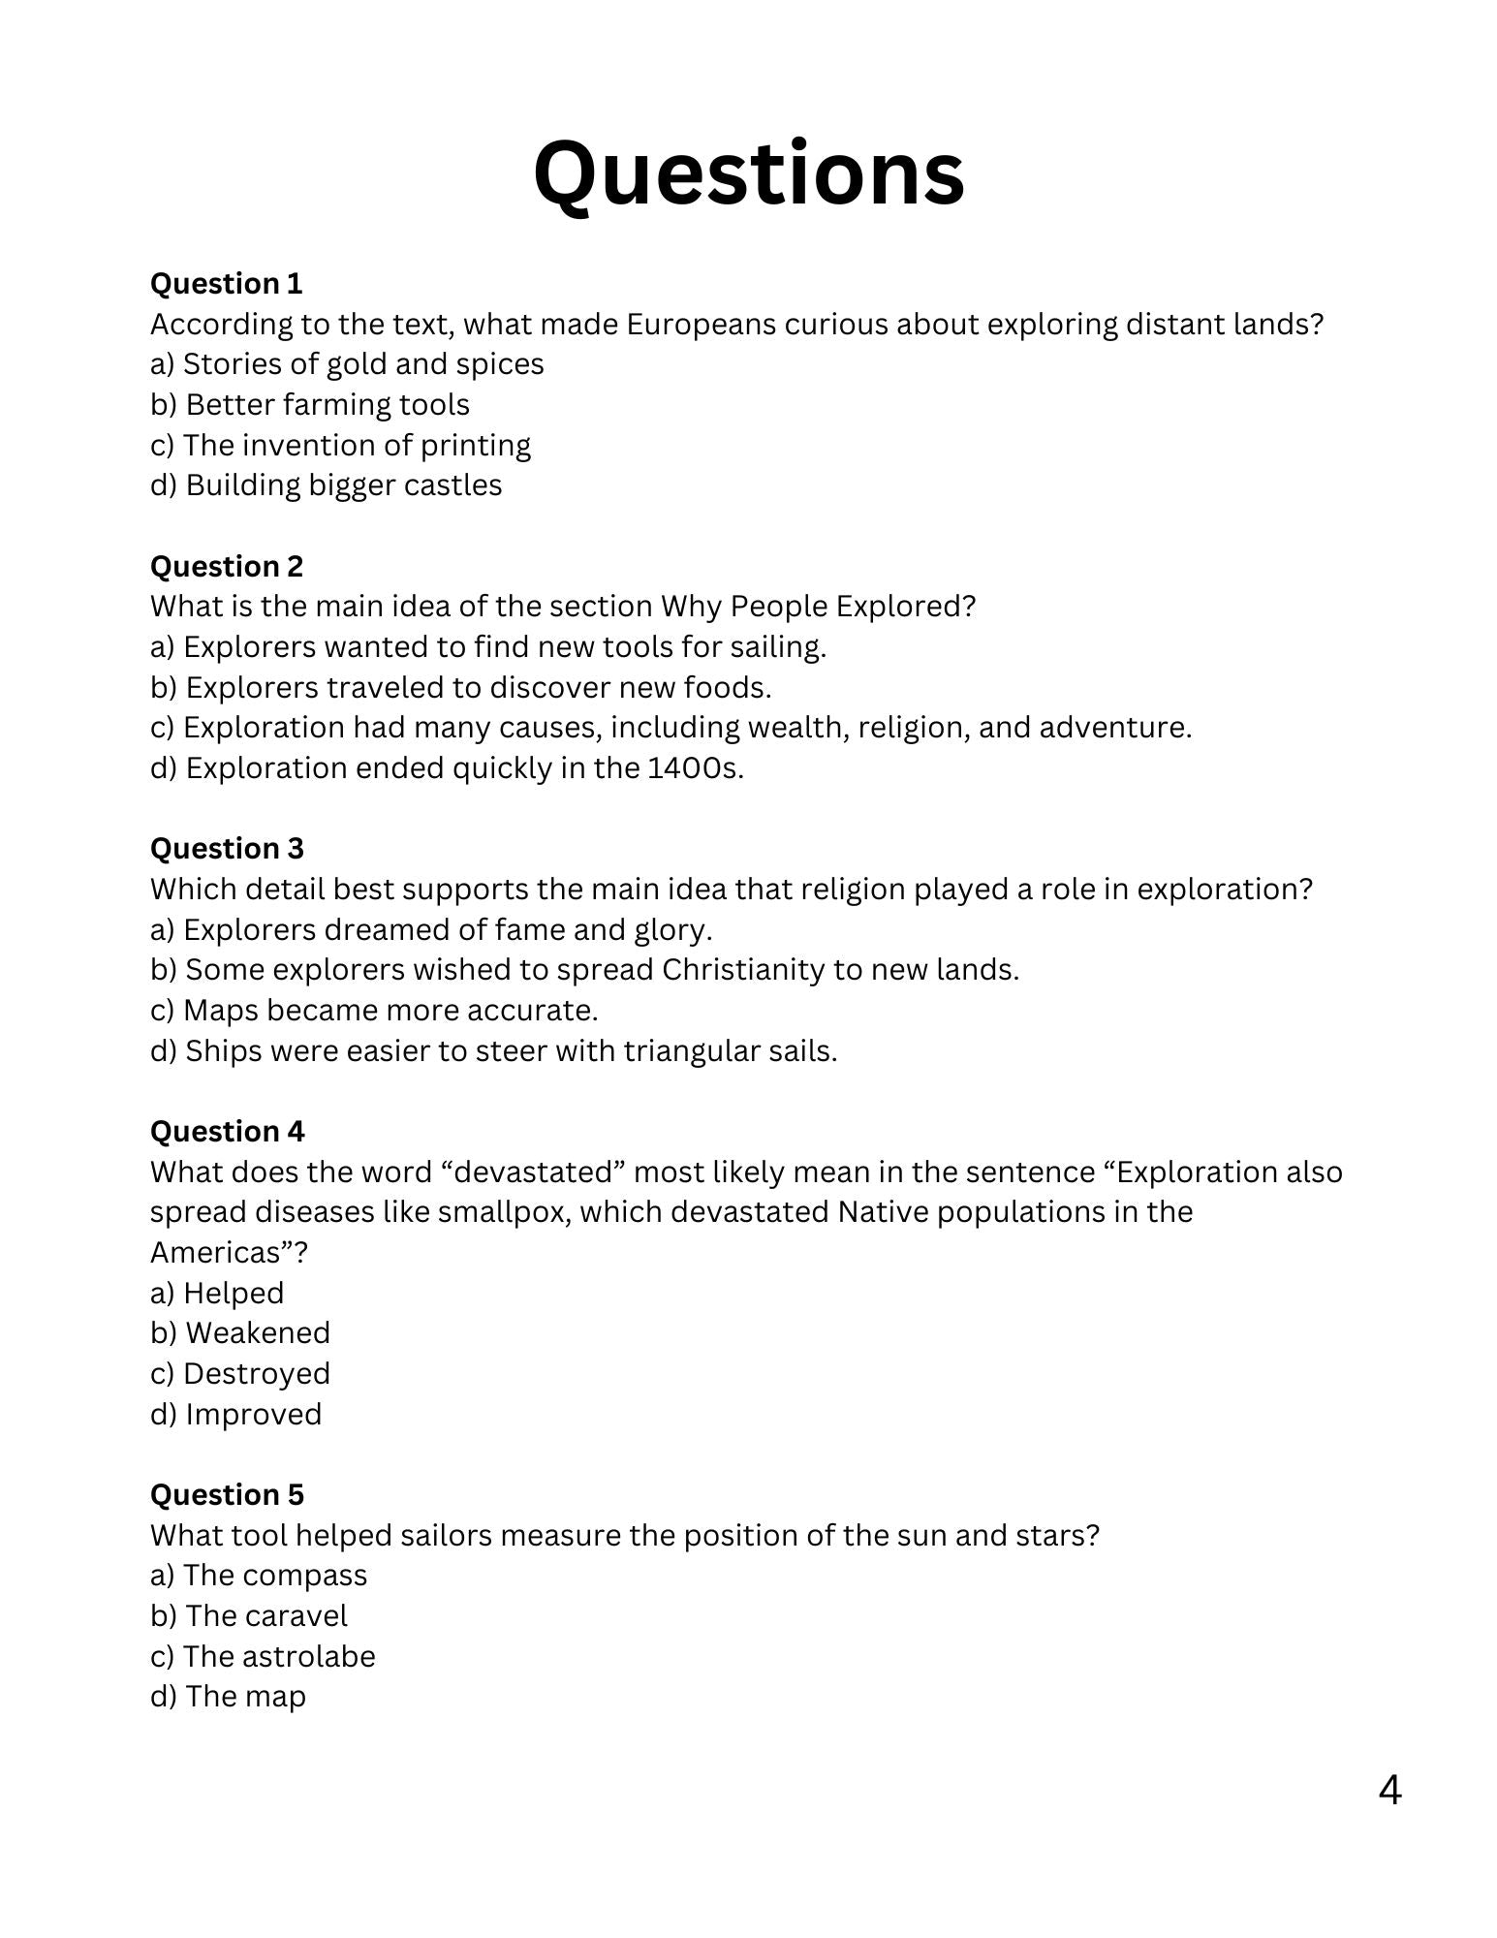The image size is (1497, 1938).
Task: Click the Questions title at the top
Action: click(748, 174)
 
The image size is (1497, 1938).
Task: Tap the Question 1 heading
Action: click(226, 284)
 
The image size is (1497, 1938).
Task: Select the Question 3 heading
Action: click(227, 849)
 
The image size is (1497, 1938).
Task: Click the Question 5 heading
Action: click(227, 1495)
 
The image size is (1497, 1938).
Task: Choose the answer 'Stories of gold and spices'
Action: click(347, 364)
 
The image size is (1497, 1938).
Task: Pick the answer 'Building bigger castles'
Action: click(327, 485)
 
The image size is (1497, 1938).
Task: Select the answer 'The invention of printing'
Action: click(340, 446)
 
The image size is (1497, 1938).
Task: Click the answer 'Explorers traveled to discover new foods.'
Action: click(461, 688)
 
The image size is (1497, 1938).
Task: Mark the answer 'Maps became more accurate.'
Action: click(374, 1011)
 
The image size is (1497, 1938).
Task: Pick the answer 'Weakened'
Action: click(240, 1333)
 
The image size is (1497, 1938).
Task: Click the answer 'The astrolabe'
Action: click(263, 1657)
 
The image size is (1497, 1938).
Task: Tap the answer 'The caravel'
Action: click(249, 1616)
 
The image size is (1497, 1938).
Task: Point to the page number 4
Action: click(1389, 1791)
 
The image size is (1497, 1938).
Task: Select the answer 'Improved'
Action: click(236, 1415)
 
